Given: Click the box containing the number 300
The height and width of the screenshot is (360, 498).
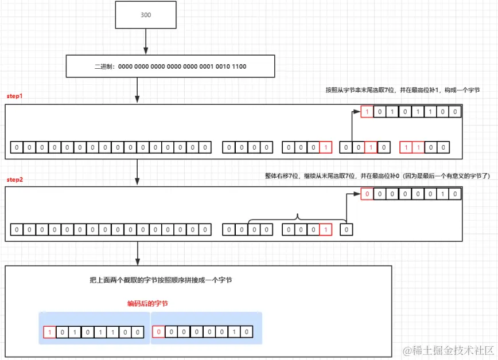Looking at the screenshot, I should pyautogui.click(x=146, y=15).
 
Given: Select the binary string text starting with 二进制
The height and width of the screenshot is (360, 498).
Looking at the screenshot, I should pyautogui.click(x=170, y=66).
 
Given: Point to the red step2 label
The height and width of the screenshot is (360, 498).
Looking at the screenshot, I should pyautogui.click(x=14, y=179).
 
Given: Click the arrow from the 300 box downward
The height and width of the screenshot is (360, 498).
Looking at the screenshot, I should pyautogui.click(x=146, y=41).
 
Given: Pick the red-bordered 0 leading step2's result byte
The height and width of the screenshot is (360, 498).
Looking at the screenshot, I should pyautogui.click(x=367, y=194).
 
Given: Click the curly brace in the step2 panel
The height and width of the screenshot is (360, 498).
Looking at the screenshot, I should pyautogui.click(x=297, y=218).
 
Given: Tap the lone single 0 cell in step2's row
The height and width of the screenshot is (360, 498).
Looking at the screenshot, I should pyautogui.click(x=347, y=230).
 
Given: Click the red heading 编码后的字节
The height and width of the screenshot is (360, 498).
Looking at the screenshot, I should pyautogui.click(x=147, y=304).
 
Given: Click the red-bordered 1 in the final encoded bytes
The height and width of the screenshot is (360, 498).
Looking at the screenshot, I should pyautogui.click(x=50, y=332).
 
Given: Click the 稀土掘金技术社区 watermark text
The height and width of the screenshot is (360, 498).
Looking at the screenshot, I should pyautogui.click(x=448, y=350).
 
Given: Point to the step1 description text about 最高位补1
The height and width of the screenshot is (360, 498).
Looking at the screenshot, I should pyautogui.click(x=402, y=90).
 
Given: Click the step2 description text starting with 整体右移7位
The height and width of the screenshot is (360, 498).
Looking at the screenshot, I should pyautogui.click(x=375, y=175).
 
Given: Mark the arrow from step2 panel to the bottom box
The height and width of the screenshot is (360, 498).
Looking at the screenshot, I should pyautogui.click(x=137, y=253).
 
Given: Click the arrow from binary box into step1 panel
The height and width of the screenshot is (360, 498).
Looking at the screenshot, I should pyautogui.click(x=137, y=91).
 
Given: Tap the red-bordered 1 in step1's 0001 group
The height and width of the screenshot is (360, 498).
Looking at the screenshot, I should pyautogui.click(x=325, y=148).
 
